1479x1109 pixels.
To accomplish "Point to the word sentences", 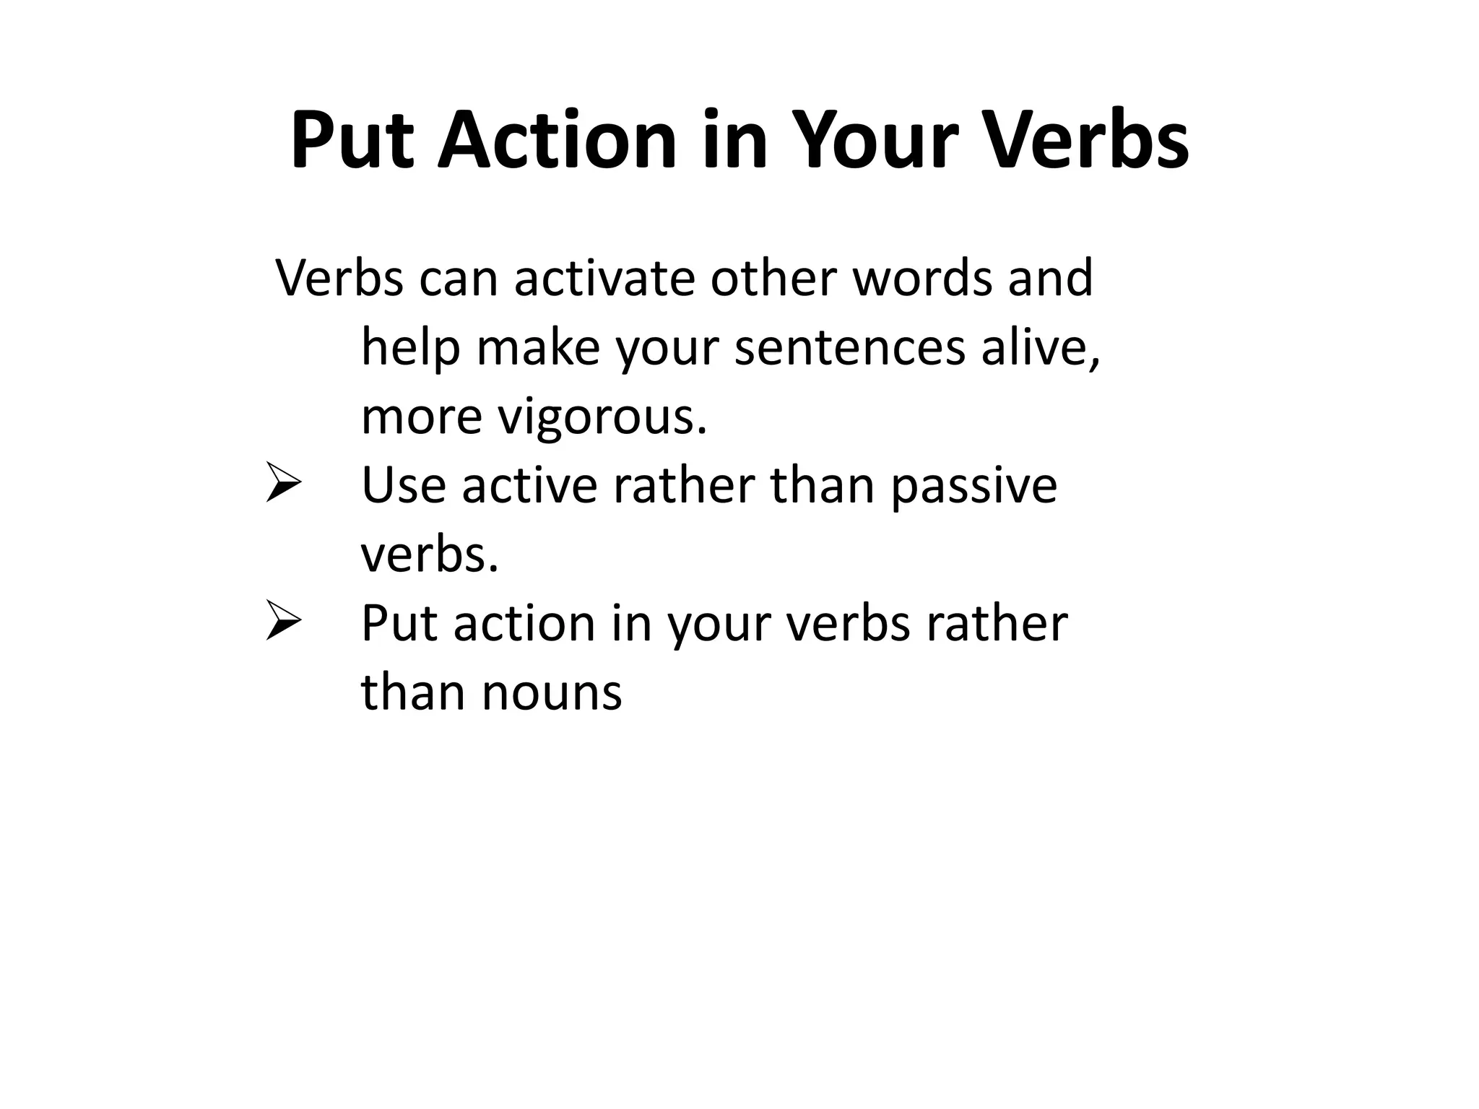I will (x=849, y=347).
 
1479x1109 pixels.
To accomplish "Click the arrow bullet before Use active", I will (x=283, y=482).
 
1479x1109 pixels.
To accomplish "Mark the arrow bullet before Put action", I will (x=283, y=620).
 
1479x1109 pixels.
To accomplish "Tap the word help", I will (x=409, y=347).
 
